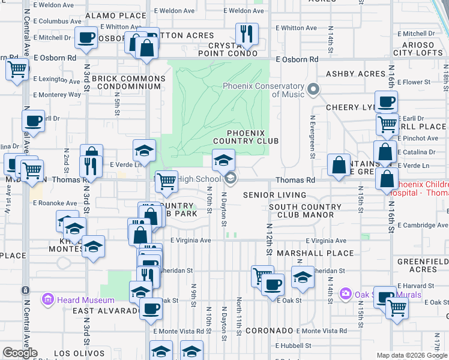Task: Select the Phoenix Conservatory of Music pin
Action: point(313,91)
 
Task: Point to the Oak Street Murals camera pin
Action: point(345,294)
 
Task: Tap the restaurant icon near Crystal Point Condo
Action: point(246,34)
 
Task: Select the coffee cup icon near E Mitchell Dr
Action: point(85,37)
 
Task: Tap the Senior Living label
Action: point(274,195)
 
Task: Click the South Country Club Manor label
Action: point(305,211)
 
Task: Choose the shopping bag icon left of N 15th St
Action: point(339,164)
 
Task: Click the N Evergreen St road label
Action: point(312,137)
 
